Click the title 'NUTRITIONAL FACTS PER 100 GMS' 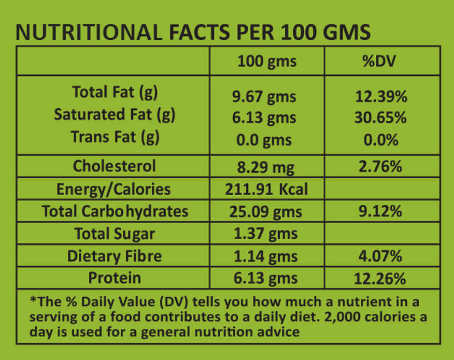pos(193,32)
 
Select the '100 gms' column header pos(267,62)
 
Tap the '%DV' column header pos(381,62)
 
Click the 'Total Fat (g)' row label pos(114,92)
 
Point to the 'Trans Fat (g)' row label pos(115,137)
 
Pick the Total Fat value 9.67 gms pos(264,97)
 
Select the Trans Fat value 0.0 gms pos(264,140)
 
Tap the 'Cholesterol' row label pos(114,166)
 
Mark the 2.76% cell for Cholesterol pos(381,167)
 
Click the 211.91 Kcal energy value pos(266,189)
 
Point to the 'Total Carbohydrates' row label pos(115,211)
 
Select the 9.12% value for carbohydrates pos(381,211)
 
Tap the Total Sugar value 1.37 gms pos(266,233)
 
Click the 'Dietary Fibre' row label pos(114,256)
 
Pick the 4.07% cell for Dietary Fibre pos(381,256)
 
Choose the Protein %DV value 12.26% pos(381,278)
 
